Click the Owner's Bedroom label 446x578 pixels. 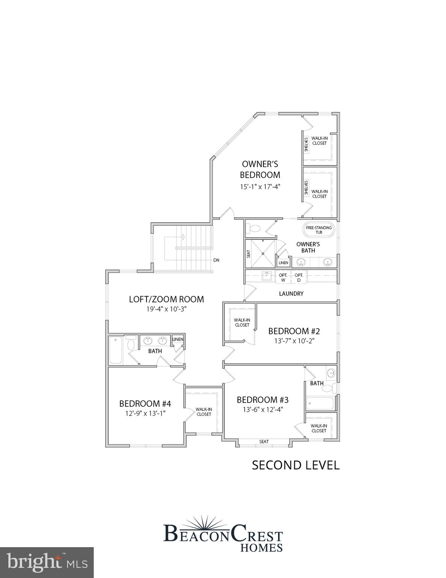coord(260,169)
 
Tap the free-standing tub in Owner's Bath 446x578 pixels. coord(319,230)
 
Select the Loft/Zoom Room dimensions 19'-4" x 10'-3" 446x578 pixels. coord(166,309)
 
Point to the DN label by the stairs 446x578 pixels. coord(216,260)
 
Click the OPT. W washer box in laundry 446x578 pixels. coord(283,278)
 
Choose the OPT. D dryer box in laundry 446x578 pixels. coord(299,278)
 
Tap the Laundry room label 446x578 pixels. coord(291,294)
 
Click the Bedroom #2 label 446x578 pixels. coord(294,331)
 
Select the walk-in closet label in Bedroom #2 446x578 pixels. coord(242,322)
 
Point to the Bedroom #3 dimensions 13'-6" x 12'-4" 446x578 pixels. coord(263,409)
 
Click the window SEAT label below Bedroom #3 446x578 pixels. coord(264,441)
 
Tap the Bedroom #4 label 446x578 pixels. coord(145,404)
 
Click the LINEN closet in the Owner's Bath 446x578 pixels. coord(283,263)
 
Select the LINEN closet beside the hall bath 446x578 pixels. coord(178,339)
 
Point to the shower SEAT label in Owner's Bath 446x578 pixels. coord(248,254)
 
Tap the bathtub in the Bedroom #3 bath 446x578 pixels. coord(320,404)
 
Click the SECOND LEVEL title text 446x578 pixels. coord(296,465)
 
